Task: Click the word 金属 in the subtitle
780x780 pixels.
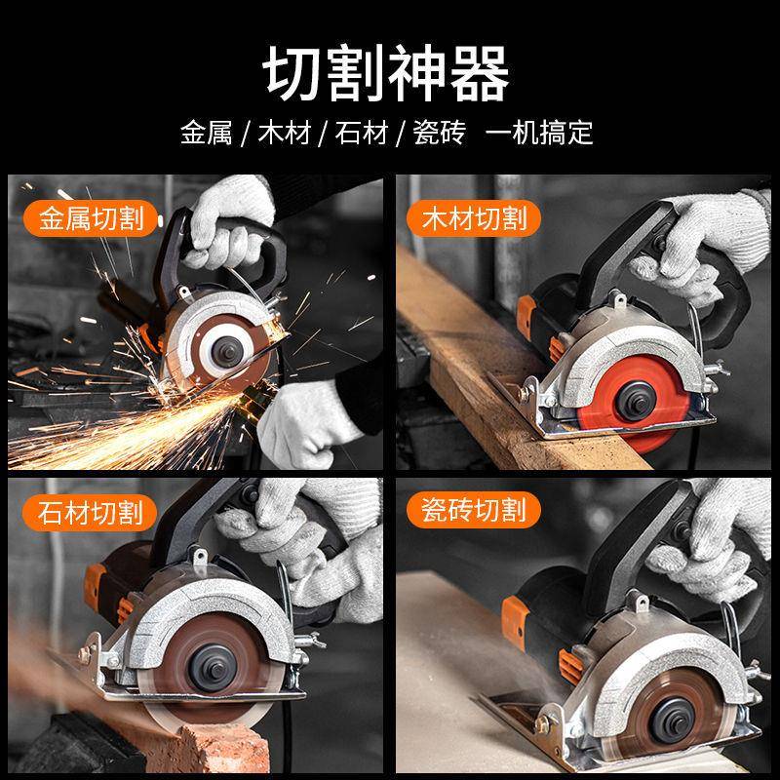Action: [206, 133]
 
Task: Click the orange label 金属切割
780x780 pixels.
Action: [93, 216]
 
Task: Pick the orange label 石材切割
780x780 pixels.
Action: [93, 510]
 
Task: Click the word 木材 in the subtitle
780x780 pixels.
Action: [284, 133]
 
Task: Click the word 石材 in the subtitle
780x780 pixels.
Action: [362, 133]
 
